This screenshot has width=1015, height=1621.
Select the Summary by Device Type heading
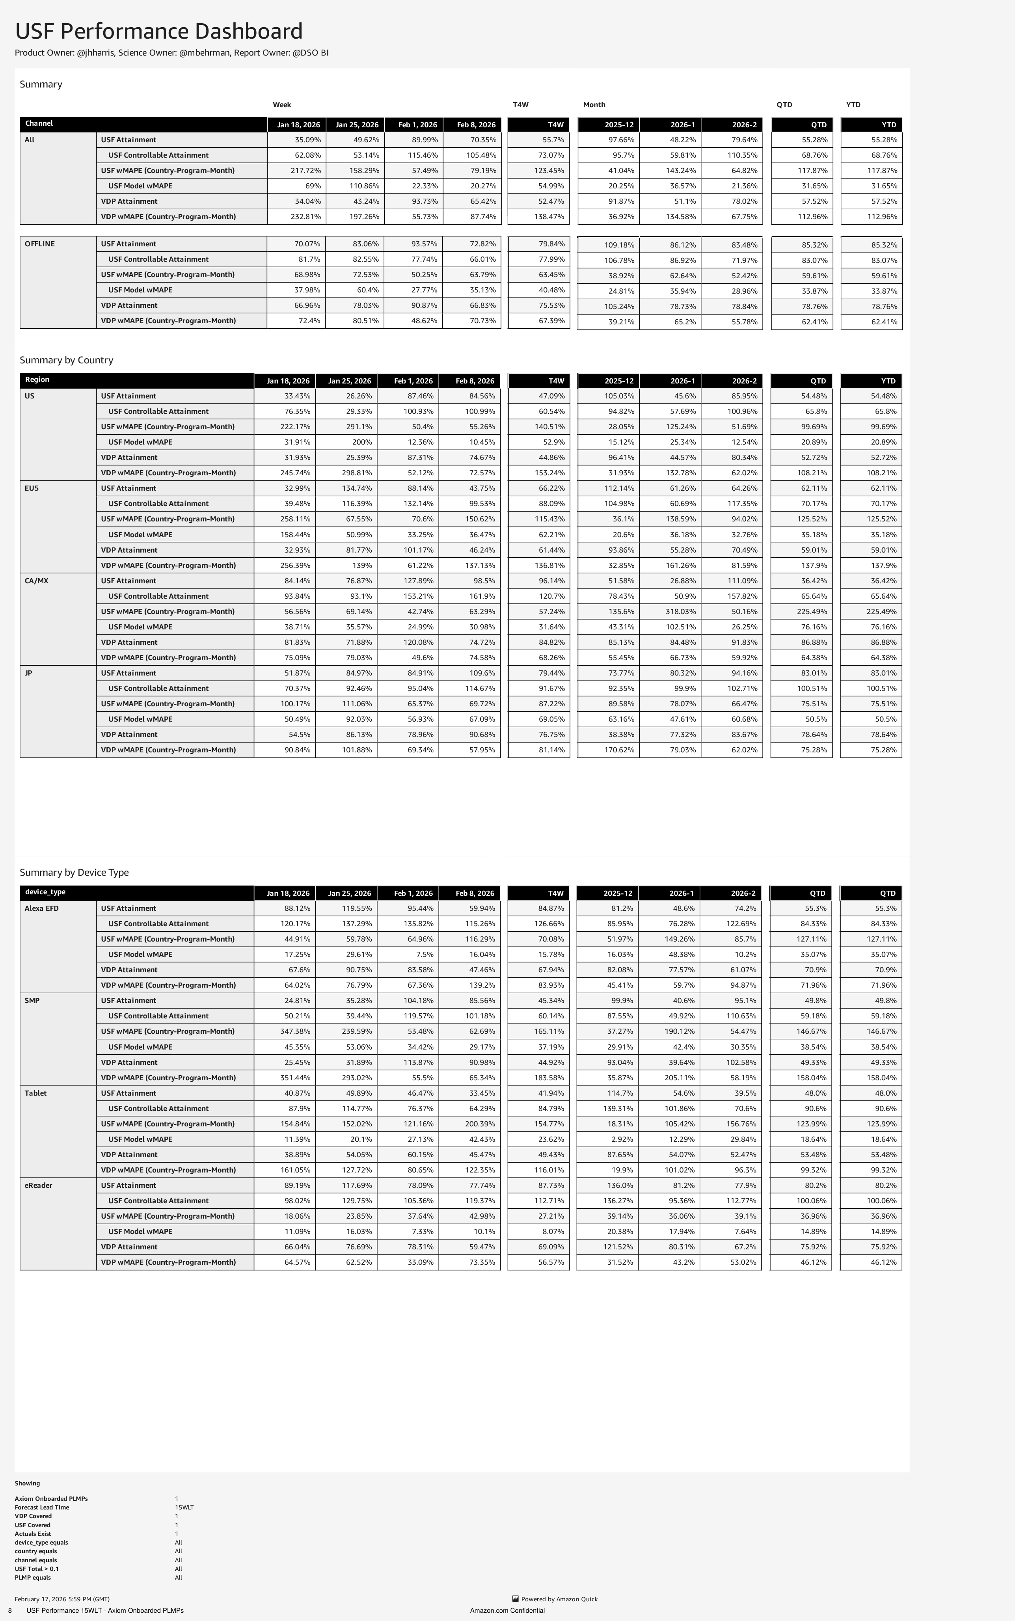(74, 872)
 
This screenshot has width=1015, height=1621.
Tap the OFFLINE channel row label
(39, 244)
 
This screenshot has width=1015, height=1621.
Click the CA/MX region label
(36, 581)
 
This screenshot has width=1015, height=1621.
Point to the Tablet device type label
(35, 1093)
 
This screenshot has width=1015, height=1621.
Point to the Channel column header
(39, 123)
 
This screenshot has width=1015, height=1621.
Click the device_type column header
(45, 892)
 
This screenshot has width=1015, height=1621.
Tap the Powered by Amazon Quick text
(559, 1599)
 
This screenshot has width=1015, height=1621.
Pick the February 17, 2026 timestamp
(62, 1599)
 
